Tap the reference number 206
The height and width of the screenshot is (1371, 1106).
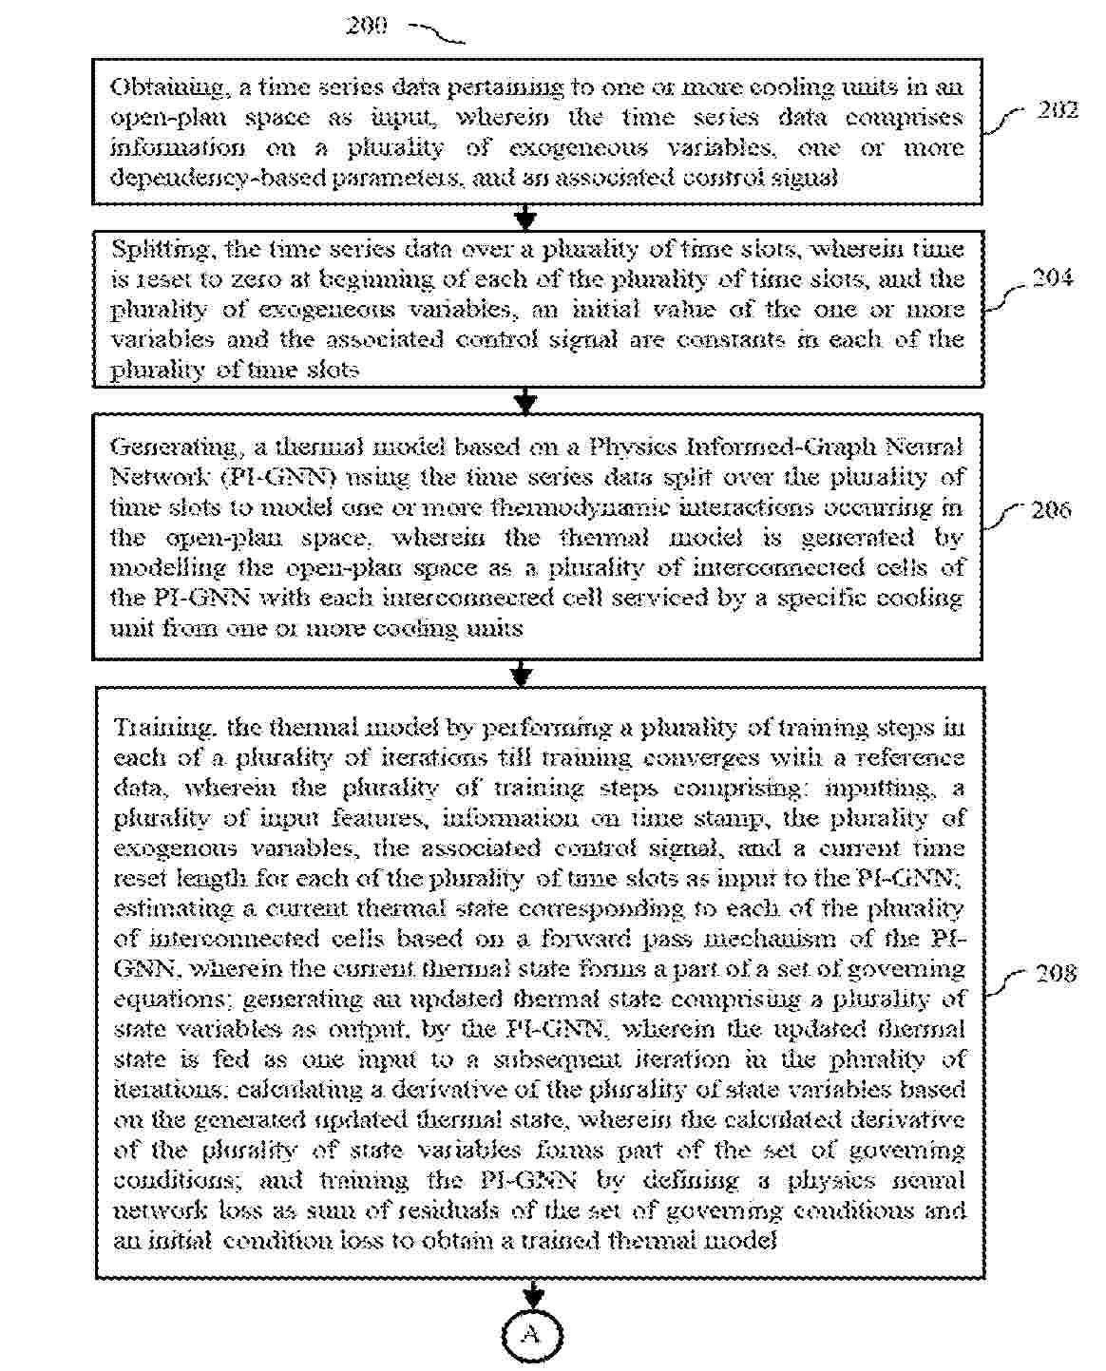(1051, 510)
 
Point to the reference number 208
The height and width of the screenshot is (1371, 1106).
(1055, 973)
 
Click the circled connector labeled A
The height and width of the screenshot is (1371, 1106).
(533, 1335)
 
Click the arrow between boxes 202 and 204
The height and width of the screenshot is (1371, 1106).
(524, 219)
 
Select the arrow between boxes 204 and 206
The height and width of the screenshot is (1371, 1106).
(524, 401)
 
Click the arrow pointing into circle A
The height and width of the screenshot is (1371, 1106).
(533, 1294)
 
